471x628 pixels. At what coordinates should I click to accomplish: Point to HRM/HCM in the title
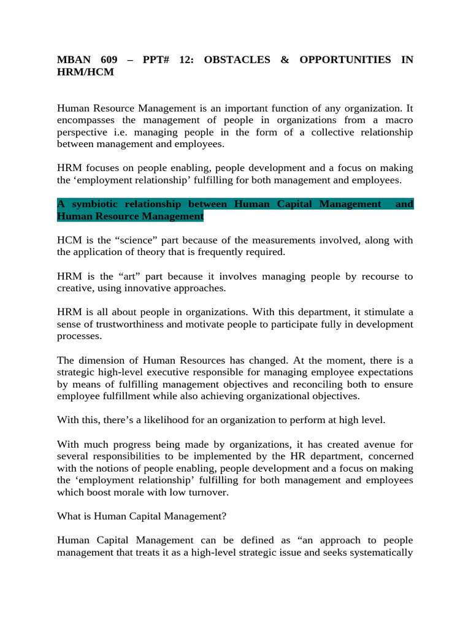click(x=85, y=72)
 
